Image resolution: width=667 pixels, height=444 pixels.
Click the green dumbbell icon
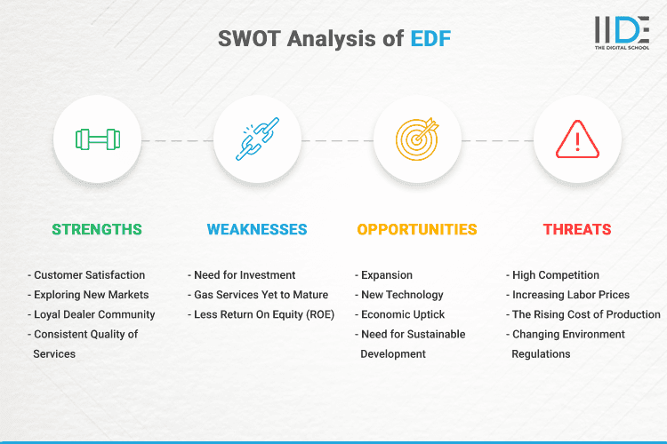pos(97,140)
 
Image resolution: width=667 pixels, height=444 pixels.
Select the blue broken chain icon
pos(257,140)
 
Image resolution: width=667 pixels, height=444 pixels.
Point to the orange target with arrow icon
pos(417,140)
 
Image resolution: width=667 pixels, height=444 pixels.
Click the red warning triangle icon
pos(577,140)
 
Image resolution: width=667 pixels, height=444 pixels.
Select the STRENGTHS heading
pos(97,229)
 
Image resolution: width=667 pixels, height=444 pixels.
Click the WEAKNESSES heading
pos(257,229)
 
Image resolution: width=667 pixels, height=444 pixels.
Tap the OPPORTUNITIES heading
pos(417,229)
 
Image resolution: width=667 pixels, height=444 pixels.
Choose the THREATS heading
pos(577,229)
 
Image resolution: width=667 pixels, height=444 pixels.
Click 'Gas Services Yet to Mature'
pos(258,295)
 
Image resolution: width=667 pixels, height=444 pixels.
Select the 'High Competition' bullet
pos(556,275)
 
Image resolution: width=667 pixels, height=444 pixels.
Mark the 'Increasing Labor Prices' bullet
pos(570,295)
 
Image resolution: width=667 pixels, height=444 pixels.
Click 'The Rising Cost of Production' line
pos(585,314)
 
